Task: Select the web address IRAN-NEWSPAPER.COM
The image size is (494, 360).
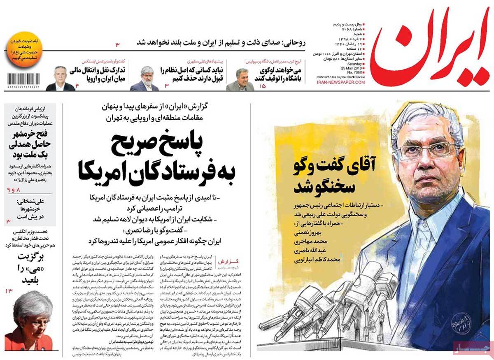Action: click(341, 83)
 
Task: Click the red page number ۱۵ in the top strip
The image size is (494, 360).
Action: click(262, 86)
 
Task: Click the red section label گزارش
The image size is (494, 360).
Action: click(234, 263)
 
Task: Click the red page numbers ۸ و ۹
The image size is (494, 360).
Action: click(13, 190)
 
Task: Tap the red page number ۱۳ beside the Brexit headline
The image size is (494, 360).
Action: click(9, 291)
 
